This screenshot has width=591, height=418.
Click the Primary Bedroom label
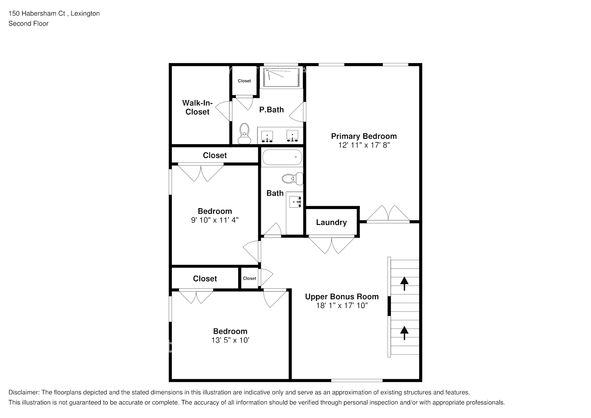[364, 136]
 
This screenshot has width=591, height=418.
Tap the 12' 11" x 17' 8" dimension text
[364, 145]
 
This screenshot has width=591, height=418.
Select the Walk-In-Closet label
[197, 107]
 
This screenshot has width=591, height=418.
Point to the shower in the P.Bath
[282, 77]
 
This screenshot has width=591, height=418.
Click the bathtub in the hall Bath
[282, 157]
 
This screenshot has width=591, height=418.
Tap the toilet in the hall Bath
[293, 179]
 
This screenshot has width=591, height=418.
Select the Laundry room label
[331, 222]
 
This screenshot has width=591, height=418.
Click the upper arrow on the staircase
[404, 283]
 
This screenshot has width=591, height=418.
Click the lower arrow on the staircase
[404, 333]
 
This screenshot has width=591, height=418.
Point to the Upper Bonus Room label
[341, 297]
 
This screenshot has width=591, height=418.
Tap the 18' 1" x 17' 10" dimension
[341, 306]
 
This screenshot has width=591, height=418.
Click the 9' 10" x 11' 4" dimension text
[215, 220]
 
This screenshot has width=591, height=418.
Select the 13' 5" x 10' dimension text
[230, 340]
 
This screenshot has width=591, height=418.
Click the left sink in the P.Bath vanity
[267, 135]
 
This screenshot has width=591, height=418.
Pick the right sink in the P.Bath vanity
[292, 135]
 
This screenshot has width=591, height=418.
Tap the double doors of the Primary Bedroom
[389, 214]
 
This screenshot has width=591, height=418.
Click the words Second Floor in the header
[28, 23]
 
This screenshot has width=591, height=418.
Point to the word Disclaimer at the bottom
[24, 393]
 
